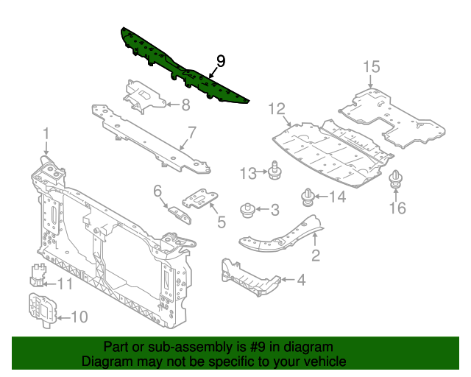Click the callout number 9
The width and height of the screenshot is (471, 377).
coord(221,60)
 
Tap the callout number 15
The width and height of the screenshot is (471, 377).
coord(371,67)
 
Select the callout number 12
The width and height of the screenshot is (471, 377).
coord(276,109)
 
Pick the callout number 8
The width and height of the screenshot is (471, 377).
coord(185,104)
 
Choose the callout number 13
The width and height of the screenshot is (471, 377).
coord(247,173)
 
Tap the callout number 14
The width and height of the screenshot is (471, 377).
coord(336,196)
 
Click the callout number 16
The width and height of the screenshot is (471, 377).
coord(397,208)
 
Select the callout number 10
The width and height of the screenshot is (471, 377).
coord(78,317)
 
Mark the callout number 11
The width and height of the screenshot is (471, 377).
coord(65,283)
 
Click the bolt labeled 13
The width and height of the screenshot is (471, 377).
coord(274,169)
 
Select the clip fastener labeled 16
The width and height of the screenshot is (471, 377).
coord(397,180)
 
